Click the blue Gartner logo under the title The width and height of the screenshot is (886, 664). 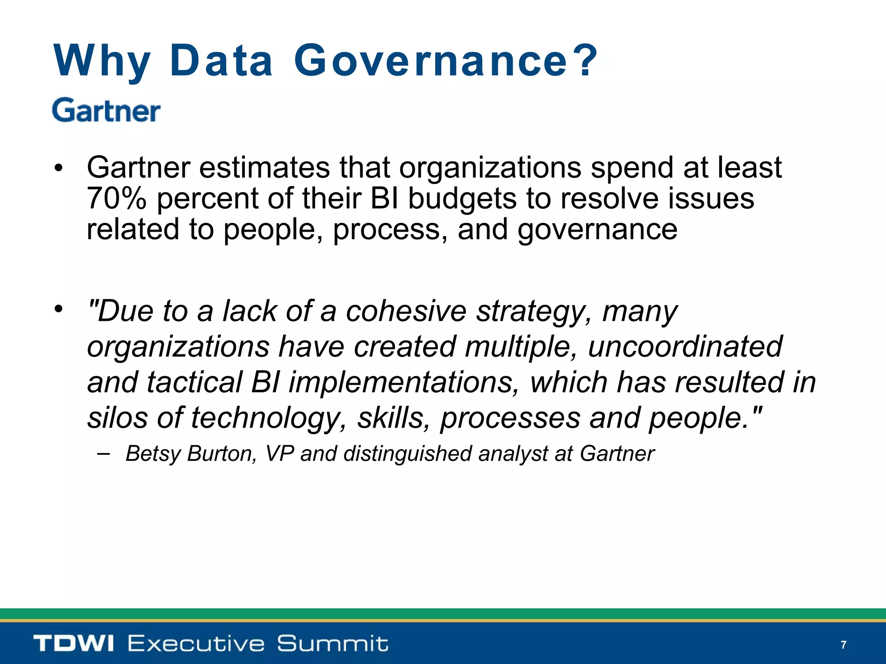point(106,111)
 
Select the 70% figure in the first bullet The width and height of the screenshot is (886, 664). point(116,198)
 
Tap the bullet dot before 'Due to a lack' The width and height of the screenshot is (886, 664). point(59,309)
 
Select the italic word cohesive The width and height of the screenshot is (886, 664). point(406,311)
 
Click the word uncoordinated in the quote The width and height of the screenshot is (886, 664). point(685,347)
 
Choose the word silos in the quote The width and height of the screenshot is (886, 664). point(117,418)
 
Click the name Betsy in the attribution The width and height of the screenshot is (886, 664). point(153,454)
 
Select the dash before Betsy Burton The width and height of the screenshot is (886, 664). point(103,453)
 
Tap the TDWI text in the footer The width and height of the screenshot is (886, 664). point(74,643)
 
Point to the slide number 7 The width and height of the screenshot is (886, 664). point(843,645)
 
